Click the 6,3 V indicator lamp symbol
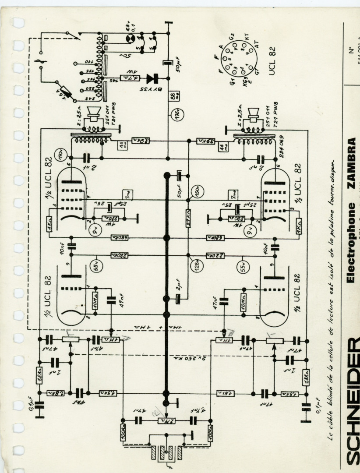[x=130, y=39]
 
